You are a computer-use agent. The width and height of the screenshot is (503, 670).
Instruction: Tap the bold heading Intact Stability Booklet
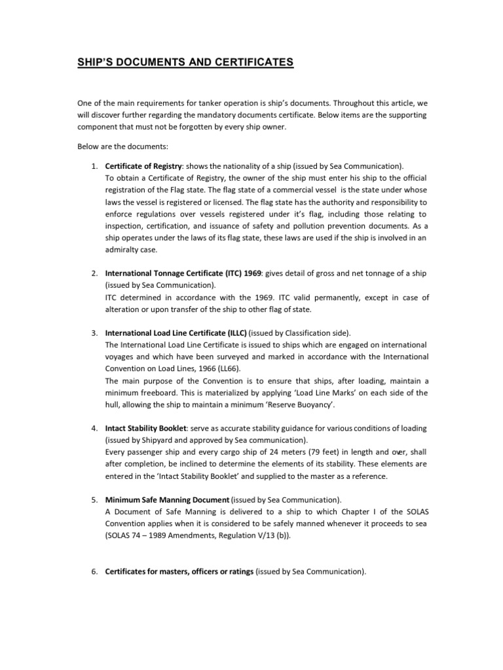tap(145, 428)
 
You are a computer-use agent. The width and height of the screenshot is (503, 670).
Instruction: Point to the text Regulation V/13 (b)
tap(251, 535)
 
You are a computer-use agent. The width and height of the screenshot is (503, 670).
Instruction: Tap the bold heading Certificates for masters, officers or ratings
tap(179, 571)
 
